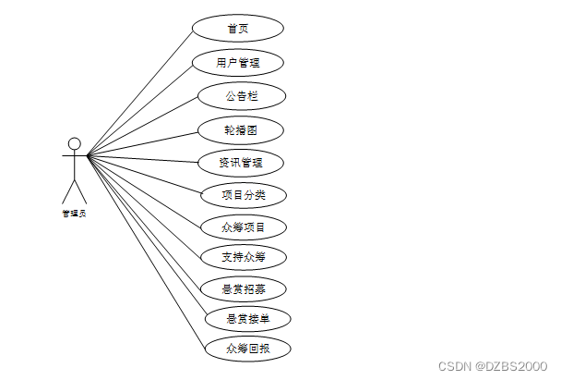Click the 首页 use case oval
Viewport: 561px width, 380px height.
point(238,28)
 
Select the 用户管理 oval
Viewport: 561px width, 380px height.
point(238,63)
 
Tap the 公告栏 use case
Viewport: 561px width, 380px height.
point(242,96)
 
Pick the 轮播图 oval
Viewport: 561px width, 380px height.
point(240,130)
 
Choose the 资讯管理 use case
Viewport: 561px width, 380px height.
point(240,163)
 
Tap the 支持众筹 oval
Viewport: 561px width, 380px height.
point(245,257)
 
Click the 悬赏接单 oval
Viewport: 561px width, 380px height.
point(247,319)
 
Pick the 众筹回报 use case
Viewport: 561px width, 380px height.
point(247,349)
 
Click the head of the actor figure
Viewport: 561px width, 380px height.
point(75,144)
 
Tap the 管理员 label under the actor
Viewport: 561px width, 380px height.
point(74,214)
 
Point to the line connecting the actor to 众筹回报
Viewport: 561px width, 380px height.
point(146,252)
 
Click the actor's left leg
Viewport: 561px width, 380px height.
point(68,193)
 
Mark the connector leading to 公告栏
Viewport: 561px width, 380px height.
point(143,126)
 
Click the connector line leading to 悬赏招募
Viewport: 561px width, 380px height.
point(143,221)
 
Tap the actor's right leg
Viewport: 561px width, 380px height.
point(80,193)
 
